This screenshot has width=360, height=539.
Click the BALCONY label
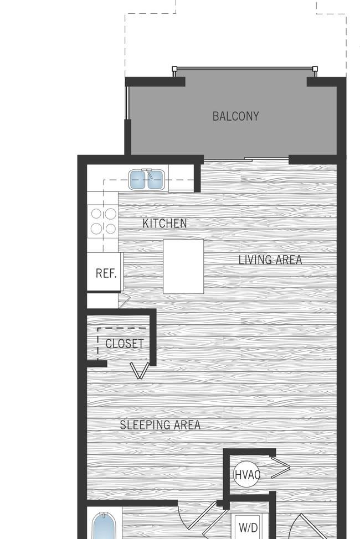pos(235,116)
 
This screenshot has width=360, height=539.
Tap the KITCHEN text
pos(164,224)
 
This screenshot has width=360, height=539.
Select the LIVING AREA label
pos(270,260)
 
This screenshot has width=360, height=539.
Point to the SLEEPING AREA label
pos(160,425)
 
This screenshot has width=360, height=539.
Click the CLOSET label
pos(124,344)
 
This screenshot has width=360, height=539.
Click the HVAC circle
pos(246,474)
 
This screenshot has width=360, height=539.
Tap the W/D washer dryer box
pos(248,526)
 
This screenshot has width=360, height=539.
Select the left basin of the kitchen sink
pos(138,180)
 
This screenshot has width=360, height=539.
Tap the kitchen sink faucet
pos(147,173)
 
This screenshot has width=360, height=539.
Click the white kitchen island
pos(183,266)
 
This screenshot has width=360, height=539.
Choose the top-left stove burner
pos(95,213)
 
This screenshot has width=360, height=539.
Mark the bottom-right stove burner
pos(111,228)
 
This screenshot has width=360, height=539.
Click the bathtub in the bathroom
pos(104,527)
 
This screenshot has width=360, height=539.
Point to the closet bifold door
pos(140,370)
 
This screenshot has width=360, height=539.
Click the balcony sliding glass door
pos(246,160)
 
